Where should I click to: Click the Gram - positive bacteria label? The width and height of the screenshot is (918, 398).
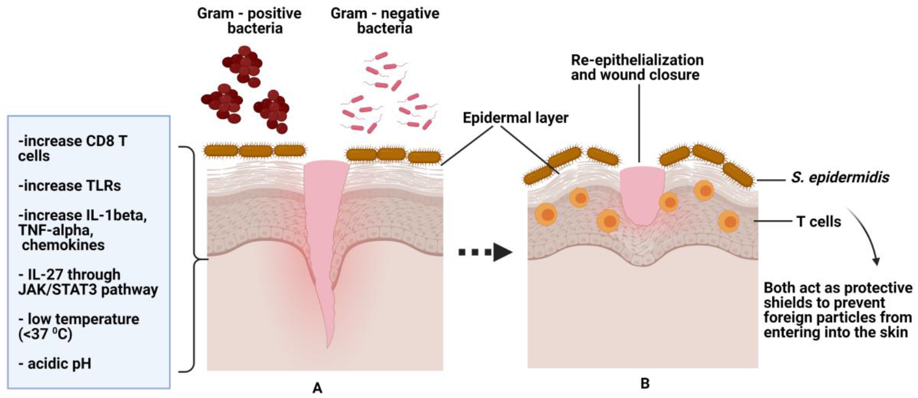pyautogui.click(x=249, y=21)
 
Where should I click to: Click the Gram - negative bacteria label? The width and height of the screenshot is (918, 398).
pyautogui.click(x=385, y=21)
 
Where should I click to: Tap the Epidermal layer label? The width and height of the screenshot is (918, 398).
pyautogui.click(x=515, y=118)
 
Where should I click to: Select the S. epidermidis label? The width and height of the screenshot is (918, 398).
pyautogui.click(x=839, y=178)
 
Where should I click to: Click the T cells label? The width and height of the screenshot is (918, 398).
pyautogui.click(x=818, y=222)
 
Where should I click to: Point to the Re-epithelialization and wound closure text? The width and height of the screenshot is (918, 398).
pyautogui.click(x=637, y=67)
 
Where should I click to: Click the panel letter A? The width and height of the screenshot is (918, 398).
pyautogui.click(x=317, y=388)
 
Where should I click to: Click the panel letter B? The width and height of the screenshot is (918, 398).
pyautogui.click(x=645, y=383)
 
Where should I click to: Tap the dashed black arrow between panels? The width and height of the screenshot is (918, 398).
pyautogui.click(x=485, y=252)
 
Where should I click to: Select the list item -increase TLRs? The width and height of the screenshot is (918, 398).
pyautogui.click(x=69, y=185)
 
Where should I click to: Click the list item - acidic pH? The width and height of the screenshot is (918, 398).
pyautogui.click(x=55, y=364)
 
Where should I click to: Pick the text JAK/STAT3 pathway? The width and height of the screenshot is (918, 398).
pyautogui.click(x=88, y=289)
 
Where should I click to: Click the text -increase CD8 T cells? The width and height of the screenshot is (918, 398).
pyautogui.click(x=72, y=148)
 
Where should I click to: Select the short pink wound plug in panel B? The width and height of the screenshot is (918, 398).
pyautogui.click(x=641, y=195)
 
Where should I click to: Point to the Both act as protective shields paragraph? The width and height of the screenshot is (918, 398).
pyautogui.click(x=837, y=310)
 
